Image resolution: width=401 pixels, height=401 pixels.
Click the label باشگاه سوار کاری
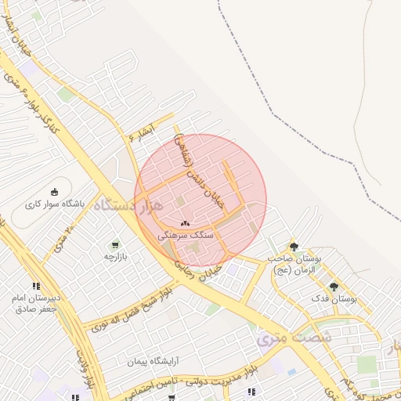coord(54,204)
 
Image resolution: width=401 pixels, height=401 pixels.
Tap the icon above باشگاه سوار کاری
coord(54,191)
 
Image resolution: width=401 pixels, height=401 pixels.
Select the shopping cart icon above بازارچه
coord(116,245)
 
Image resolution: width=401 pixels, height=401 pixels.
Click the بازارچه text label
coord(116,256)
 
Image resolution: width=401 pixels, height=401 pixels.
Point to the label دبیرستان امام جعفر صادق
coord(36,303)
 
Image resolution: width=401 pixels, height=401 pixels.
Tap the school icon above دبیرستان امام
coord(36,287)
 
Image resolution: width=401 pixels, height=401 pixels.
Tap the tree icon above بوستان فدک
coord(334,287)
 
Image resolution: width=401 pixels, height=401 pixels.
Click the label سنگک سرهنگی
coord(186,234)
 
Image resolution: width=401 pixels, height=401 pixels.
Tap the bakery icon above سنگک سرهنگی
coord(186,223)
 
